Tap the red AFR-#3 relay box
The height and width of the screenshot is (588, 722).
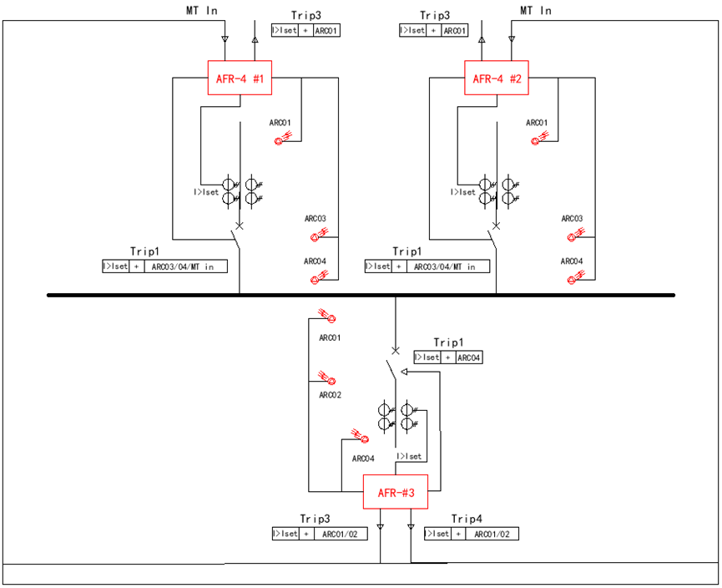[x=395, y=492]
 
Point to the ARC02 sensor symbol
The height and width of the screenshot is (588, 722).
[x=327, y=379]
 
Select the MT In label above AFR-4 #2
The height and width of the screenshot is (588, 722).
[x=536, y=11]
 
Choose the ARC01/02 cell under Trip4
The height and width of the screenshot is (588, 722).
[x=492, y=534]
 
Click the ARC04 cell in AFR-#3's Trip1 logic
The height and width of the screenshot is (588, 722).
[x=467, y=357]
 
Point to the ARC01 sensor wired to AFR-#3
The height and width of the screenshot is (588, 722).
[x=327, y=318]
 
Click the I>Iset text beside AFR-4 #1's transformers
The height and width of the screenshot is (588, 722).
[x=205, y=192]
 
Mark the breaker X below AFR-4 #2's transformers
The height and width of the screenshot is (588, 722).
[x=497, y=226]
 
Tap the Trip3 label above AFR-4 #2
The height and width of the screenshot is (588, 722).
[x=435, y=16]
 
